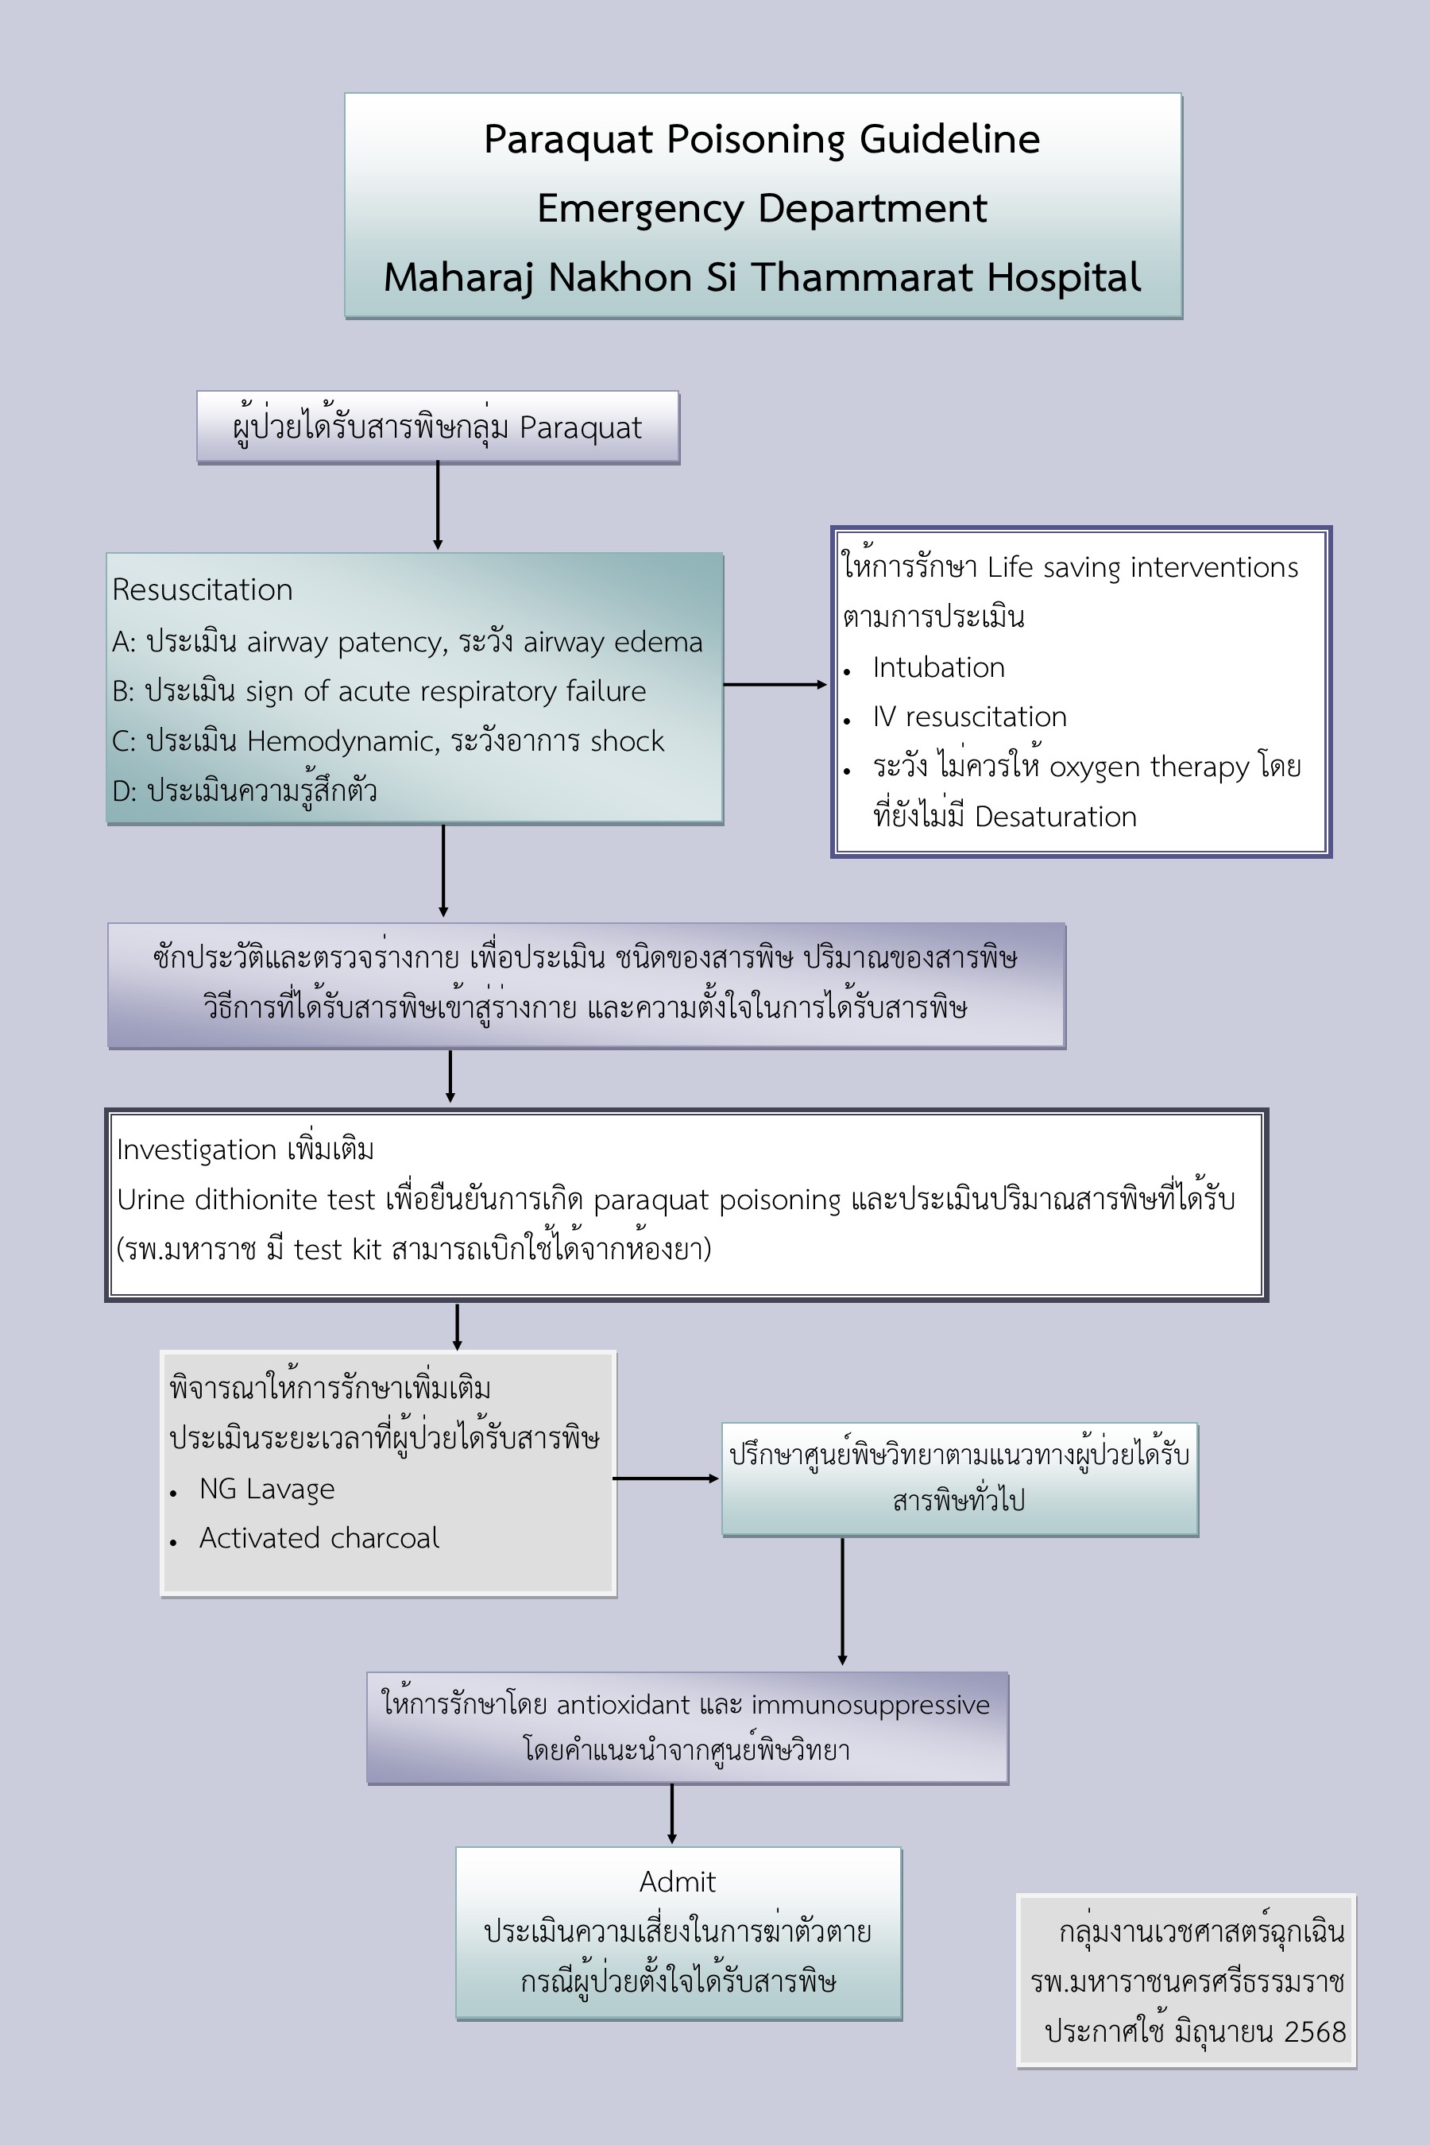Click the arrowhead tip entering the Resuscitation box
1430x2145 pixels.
point(438,550)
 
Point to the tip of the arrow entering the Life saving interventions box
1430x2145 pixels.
point(827,684)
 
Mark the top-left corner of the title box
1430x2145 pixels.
point(345,93)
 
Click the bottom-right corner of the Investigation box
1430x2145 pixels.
point(1268,1301)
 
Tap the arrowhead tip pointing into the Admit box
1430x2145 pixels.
point(672,1843)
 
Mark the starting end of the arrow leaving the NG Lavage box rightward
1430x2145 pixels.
point(613,1478)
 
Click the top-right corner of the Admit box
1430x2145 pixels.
point(901,1848)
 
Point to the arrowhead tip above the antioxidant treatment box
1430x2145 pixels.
point(842,1665)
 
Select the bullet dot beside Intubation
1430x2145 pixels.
point(847,672)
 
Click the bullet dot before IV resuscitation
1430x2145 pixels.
point(847,721)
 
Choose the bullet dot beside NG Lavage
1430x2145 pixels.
point(173,1493)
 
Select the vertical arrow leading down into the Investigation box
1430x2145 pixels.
point(450,1076)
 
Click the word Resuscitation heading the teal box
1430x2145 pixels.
point(203,590)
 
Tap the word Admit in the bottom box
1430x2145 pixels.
point(678,1881)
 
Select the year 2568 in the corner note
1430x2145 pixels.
point(1315,2031)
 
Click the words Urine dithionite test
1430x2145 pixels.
point(246,1200)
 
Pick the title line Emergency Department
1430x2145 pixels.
point(763,208)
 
